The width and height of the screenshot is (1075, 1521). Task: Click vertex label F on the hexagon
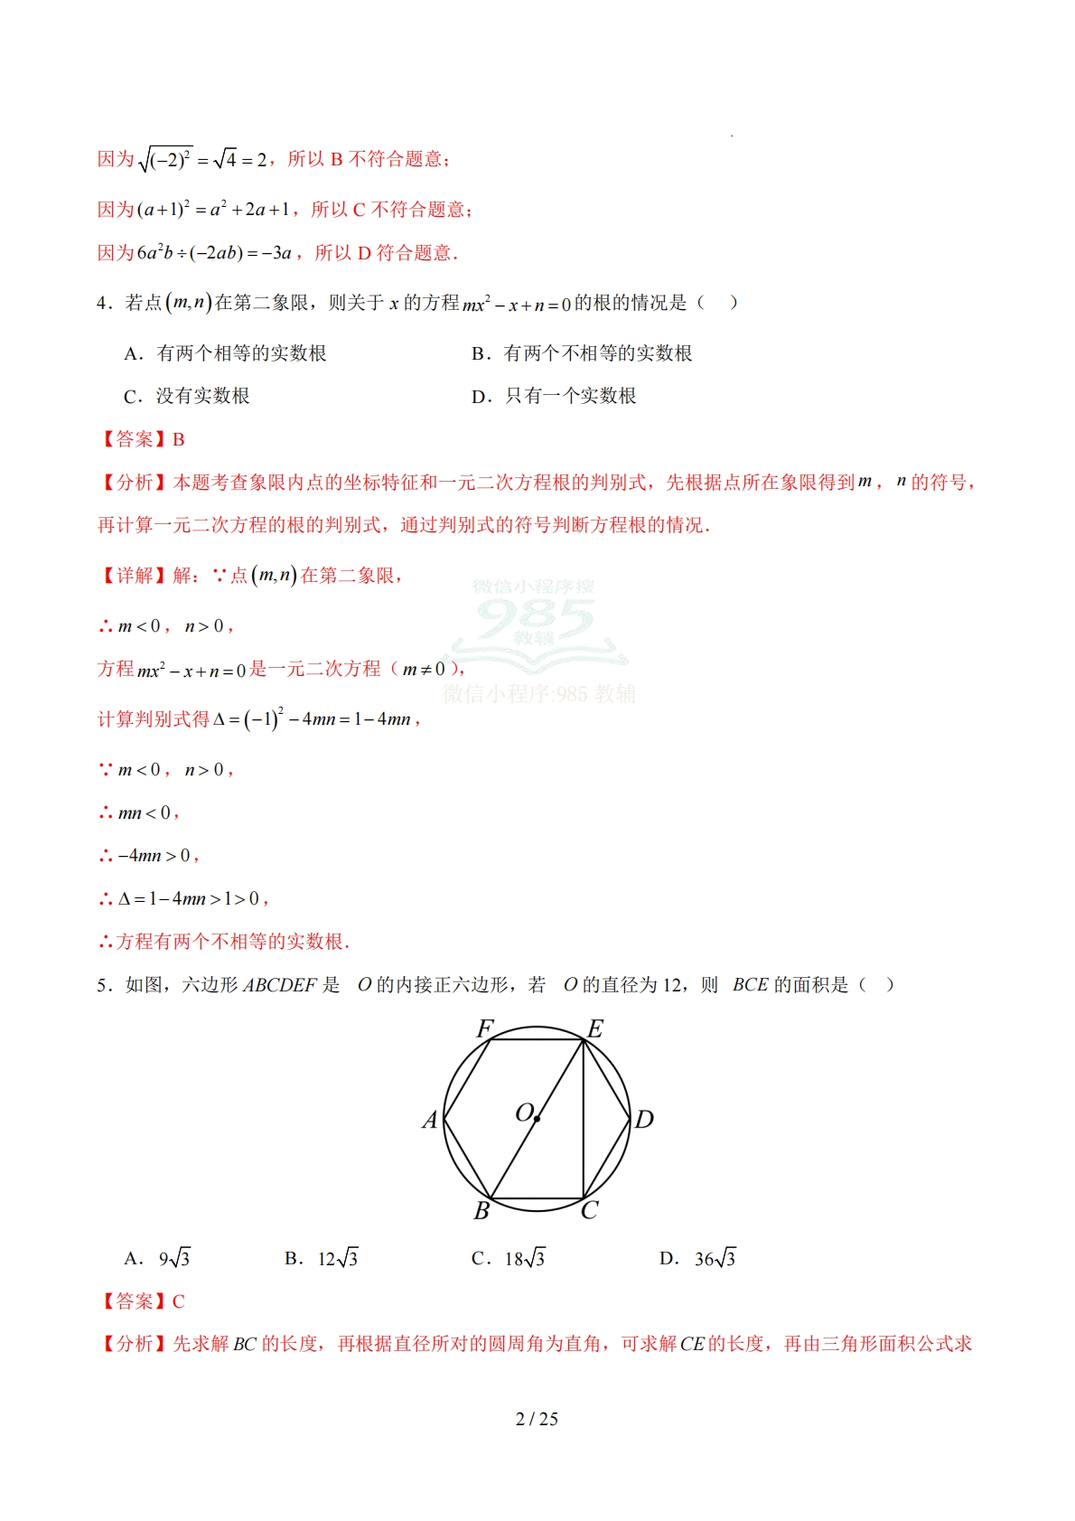click(x=484, y=1029)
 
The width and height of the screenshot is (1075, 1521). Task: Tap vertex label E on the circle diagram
click(x=595, y=1029)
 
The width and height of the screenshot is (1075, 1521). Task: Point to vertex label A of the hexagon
click(x=430, y=1121)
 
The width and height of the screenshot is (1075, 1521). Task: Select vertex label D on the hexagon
click(x=644, y=1121)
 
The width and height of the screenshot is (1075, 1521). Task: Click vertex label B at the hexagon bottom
click(x=481, y=1211)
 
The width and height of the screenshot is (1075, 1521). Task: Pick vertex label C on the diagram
click(x=590, y=1211)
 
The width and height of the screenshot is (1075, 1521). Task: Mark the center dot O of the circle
click(x=537, y=1119)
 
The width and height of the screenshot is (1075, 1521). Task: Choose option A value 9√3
click(x=174, y=1259)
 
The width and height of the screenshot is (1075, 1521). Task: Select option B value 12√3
click(x=338, y=1259)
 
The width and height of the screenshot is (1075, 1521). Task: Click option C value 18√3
click(x=525, y=1259)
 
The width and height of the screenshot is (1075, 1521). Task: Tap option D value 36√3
click(x=715, y=1259)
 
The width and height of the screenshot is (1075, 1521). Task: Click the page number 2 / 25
click(x=537, y=1419)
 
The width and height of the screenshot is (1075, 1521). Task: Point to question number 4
click(x=103, y=304)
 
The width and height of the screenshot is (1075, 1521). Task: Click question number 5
click(x=103, y=985)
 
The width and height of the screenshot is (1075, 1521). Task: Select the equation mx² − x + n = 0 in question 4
click(x=517, y=305)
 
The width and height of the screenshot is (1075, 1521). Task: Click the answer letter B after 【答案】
click(x=179, y=440)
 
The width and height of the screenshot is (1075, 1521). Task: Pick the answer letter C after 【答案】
click(x=179, y=1302)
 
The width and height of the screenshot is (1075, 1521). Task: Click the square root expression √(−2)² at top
click(x=164, y=160)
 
